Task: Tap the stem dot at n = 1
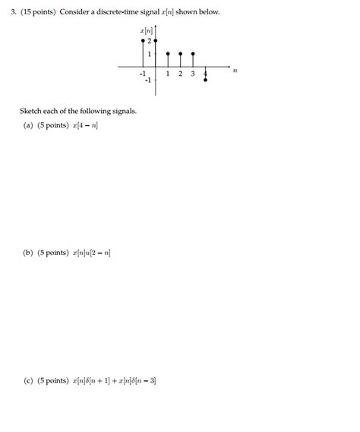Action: [168, 54]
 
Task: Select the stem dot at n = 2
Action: [180, 54]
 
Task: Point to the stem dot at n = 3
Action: [193, 54]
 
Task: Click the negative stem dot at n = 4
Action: [206, 79]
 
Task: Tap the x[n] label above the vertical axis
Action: [147, 30]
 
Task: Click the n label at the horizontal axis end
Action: [235, 71]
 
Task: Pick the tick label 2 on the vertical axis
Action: [150, 40]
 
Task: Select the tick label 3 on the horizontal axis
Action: [193, 74]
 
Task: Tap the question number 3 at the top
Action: [14, 11]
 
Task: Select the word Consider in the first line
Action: [84, 11]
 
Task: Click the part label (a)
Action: [28, 125]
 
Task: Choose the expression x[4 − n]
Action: [86, 125]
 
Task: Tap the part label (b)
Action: [28, 253]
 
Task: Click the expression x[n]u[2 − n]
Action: [93, 253]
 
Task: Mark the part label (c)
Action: [28, 380]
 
